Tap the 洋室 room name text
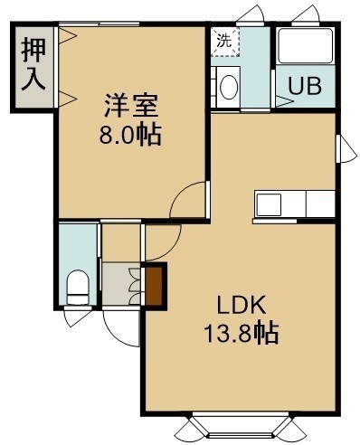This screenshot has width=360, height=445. [x=131, y=105]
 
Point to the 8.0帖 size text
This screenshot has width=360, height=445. [x=130, y=135]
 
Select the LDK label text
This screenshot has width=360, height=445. [x=242, y=305]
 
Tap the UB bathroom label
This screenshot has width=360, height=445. [x=305, y=86]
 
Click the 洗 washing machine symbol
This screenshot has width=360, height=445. [x=225, y=42]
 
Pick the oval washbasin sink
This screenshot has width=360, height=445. [x=229, y=87]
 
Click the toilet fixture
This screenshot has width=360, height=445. [x=78, y=288]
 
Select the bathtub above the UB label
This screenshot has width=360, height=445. [x=306, y=45]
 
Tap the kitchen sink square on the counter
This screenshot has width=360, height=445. [x=269, y=205]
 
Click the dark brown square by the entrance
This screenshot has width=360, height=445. [x=155, y=287]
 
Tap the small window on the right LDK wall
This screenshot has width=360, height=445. [x=346, y=149]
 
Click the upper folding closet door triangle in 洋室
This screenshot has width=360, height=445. [x=68, y=36]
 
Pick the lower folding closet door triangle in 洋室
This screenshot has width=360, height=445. [x=68, y=99]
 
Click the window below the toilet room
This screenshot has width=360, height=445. [x=78, y=317]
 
